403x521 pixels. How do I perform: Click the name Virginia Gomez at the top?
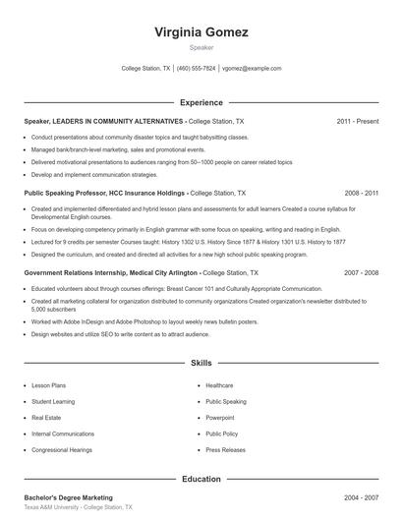pyautogui.click(x=201, y=32)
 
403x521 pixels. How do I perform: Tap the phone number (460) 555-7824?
pyautogui.click(x=197, y=69)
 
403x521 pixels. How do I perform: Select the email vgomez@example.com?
pyautogui.click(x=252, y=69)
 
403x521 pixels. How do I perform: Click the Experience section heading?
pyautogui.click(x=201, y=102)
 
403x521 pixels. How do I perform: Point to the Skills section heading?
pyautogui.click(x=201, y=363)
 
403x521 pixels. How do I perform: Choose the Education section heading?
pyautogui.click(x=201, y=479)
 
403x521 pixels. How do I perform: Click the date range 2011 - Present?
pyautogui.click(x=357, y=121)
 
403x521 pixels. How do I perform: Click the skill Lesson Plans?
pyautogui.click(x=49, y=385)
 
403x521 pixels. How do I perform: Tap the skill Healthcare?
pyautogui.click(x=219, y=385)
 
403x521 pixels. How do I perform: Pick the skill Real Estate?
pyautogui.click(x=46, y=418)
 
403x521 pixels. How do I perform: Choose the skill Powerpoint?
pyautogui.click(x=220, y=418)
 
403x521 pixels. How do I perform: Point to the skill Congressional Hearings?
pyautogui.click(x=61, y=449)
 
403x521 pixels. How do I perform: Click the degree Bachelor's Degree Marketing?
pyautogui.click(x=69, y=497)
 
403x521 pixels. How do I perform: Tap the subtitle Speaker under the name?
pyautogui.click(x=201, y=47)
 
